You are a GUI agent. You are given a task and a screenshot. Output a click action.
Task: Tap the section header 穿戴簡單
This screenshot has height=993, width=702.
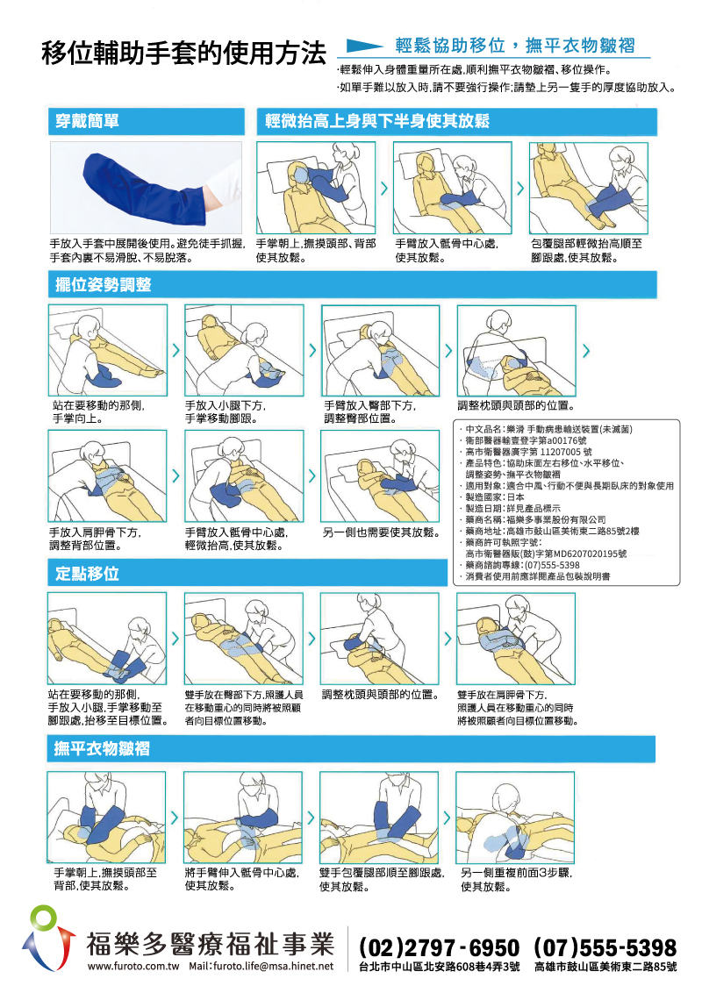point(83,121)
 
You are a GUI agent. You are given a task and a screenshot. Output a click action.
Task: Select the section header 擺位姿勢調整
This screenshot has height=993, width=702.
point(103,284)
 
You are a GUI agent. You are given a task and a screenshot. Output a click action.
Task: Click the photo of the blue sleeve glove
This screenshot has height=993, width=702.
point(145,187)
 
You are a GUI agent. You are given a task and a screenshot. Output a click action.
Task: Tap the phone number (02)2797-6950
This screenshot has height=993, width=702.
point(439,948)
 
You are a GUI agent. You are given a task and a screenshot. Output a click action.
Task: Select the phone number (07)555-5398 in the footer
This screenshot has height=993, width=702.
point(605,948)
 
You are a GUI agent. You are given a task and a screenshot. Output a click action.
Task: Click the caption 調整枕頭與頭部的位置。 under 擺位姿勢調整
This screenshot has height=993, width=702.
point(516,406)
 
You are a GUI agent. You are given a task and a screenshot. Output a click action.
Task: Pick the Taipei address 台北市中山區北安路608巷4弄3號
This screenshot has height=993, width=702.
point(440,967)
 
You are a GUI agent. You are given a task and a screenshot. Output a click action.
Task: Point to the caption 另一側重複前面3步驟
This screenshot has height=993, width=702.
point(517,874)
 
